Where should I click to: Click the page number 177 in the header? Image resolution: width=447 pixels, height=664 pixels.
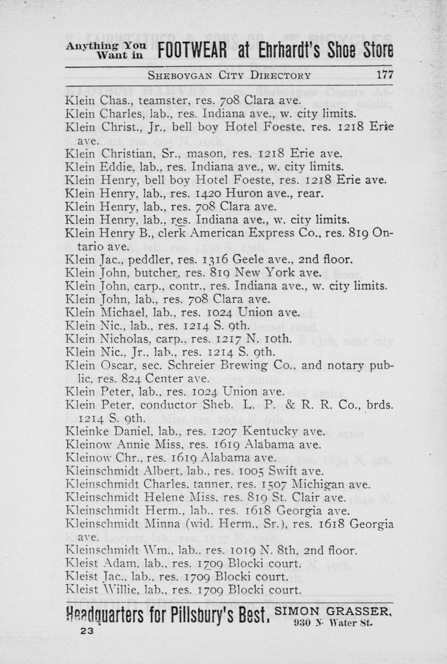point(385,75)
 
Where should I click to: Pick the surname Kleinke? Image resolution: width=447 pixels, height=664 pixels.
point(85,432)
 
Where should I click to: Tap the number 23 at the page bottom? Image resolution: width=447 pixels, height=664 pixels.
point(87,632)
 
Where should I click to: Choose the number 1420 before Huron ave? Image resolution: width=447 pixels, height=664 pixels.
point(203,193)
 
